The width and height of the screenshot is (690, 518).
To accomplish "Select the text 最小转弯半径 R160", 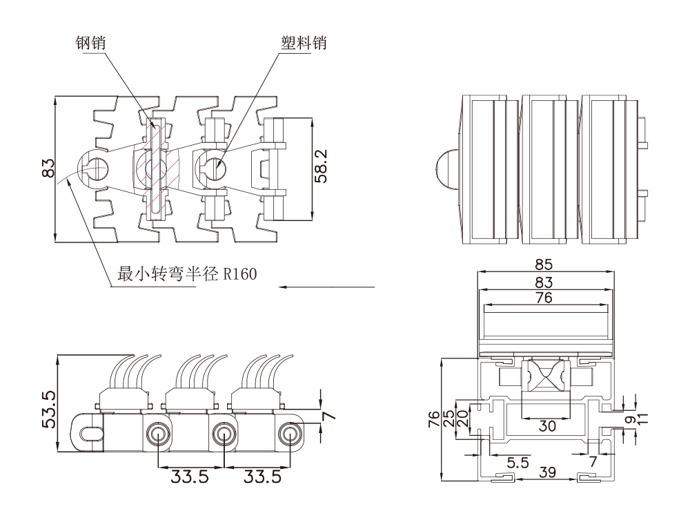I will point(187,275).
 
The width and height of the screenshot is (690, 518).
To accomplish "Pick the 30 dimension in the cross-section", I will point(546,426).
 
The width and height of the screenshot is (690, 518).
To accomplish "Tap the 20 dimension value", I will point(463,416).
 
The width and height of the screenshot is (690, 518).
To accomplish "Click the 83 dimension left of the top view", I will point(48,169).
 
